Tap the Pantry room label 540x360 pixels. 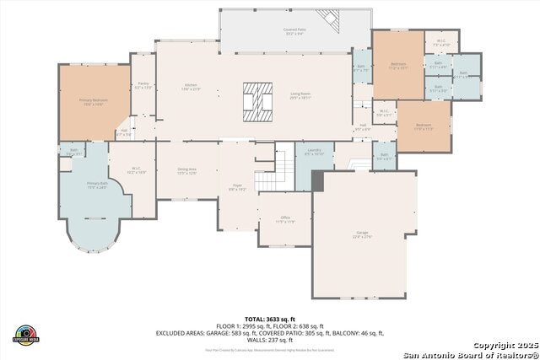point(143,84)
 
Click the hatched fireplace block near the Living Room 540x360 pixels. point(258,97)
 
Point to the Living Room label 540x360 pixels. point(301,95)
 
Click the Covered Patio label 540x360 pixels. point(294,31)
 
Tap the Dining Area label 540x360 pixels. point(187,170)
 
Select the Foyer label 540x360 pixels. point(237,187)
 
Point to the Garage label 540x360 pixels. point(362,235)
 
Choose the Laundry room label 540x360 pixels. point(315,153)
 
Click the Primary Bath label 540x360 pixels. point(95,185)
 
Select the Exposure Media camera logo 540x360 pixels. point(27,334)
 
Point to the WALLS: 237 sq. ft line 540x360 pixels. point(269,339)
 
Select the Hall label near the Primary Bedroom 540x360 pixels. point(123,132)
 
